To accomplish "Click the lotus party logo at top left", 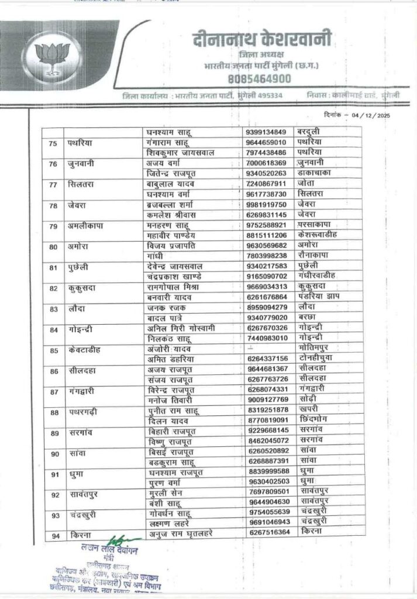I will coord(52,57).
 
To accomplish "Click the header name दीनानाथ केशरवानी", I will coord(262,40).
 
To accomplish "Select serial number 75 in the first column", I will coord(53,142).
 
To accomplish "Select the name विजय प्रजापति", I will coord(174,246).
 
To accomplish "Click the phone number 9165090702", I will coord(266,275).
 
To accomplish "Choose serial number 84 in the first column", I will coord(53,330).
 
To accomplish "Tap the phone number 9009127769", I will coord(266,399).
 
